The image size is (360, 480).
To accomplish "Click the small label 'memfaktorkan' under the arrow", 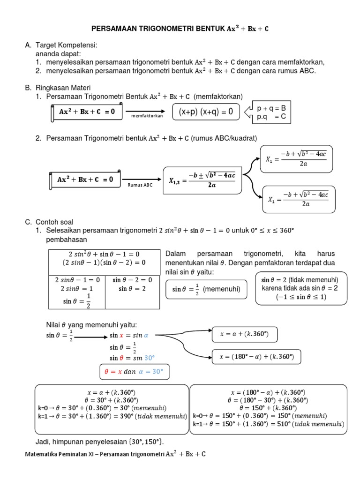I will tap(147, 116).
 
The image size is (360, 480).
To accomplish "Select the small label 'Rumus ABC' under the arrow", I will tap(140, 185).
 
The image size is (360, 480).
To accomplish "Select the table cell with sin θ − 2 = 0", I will tap(132, 280).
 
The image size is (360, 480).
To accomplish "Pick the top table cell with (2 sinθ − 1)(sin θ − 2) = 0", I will tap(104, 262).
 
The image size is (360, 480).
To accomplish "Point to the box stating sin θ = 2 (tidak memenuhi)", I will tap(300, 288).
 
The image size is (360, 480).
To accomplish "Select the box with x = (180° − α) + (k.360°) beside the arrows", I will tap(256, 357).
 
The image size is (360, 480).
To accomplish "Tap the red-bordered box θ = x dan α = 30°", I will tap(134, 372).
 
